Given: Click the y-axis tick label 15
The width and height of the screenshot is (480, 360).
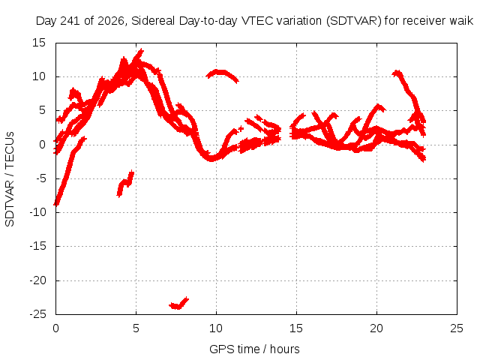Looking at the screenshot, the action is coord(39,43).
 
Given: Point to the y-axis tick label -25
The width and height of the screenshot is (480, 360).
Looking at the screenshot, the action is coord(37,314).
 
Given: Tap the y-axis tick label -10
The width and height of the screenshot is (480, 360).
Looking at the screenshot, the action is coord(37,212).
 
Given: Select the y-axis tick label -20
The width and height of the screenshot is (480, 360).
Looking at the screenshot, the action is coord(37,280).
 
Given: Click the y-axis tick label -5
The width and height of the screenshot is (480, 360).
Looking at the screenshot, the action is coord(40,178).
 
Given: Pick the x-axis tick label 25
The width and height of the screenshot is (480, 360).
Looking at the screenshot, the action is coord(457,328).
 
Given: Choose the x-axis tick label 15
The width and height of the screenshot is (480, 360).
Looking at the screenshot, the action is coord(296,328).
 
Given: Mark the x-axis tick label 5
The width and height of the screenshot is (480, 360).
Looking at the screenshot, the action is coord(136,328).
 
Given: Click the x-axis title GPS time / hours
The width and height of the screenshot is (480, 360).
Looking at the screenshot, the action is coord(254,349).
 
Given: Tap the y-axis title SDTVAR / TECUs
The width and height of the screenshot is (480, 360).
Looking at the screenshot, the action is coord(10,179).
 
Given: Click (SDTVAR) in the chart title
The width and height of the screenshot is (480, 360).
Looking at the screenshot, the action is coord(353,21).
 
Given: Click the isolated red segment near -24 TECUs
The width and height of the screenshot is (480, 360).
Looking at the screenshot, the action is coord(178,304).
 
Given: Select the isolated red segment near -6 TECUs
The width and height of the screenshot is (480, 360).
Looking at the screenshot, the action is coord(125,184).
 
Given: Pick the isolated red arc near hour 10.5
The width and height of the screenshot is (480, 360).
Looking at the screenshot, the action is coord(222,73).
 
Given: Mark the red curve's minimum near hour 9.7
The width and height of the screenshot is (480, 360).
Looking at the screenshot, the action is coord(211,159).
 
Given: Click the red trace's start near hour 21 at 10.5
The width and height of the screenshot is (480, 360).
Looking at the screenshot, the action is coord(397,73).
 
